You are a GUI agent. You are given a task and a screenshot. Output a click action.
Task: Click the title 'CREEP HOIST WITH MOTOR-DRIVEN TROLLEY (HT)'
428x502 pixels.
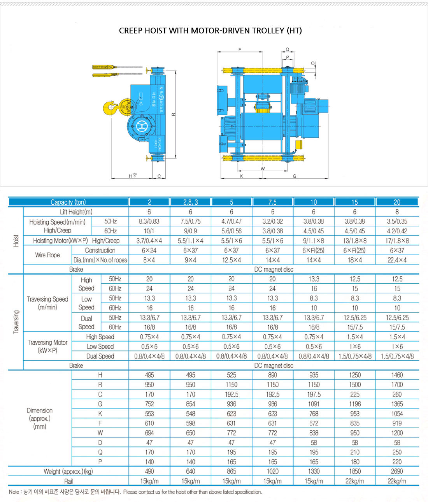tap(210, 31)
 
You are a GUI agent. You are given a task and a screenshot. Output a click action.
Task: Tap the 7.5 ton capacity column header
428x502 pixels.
tap(272, 202)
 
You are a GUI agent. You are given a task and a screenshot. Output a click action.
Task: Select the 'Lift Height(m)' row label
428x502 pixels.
tap(76, 212)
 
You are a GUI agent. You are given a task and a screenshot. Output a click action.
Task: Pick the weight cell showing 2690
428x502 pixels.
tap(397, 471)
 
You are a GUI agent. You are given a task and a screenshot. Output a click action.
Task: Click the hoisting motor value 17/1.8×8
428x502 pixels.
tap(397, 241)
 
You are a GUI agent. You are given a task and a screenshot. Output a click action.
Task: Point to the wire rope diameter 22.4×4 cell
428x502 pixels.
tap(397, 260)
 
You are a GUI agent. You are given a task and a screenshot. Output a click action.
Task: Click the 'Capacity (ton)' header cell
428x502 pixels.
tap(68, 202)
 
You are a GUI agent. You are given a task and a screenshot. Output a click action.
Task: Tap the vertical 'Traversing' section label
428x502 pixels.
tap(16, 322)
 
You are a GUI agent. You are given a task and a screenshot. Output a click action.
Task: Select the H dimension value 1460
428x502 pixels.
tap(397, 375)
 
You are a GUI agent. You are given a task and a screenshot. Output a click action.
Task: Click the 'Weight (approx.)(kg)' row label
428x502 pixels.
tap(68, 472)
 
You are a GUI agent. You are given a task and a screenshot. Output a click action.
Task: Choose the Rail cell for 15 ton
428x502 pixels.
tap(354, 481)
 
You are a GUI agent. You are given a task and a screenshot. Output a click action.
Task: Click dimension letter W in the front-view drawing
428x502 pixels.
tap(263, 169)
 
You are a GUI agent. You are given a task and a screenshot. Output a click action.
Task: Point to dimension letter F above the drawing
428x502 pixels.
tap(240, 50)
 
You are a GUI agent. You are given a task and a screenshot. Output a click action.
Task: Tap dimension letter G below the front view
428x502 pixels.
tap(295, 176)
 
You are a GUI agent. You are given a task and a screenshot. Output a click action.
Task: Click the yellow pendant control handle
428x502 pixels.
tap(104, 67)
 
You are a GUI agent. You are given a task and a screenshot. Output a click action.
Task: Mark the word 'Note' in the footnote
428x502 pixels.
tap(14, 492)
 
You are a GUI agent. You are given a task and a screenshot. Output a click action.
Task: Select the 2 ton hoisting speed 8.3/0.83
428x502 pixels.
tap(149, 221)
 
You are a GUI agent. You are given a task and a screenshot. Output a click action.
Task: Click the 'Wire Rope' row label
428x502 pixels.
tap(47, 255)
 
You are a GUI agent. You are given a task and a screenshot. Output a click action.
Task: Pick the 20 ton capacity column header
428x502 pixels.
tap(397, 202)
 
